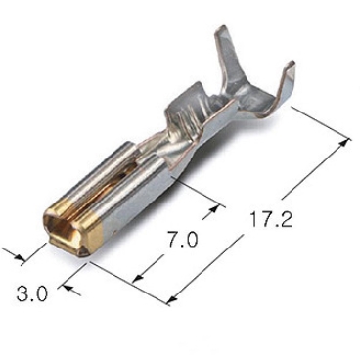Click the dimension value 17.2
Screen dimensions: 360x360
point(271,220)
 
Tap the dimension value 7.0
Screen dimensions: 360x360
point(183,241)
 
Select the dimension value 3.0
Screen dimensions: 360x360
point(32,294)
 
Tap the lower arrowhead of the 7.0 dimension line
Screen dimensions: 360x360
point(138,278)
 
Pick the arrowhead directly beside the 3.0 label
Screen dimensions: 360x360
point(67,288)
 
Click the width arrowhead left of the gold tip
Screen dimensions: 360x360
point(20,257)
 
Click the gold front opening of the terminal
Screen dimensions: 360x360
point(64,230)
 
